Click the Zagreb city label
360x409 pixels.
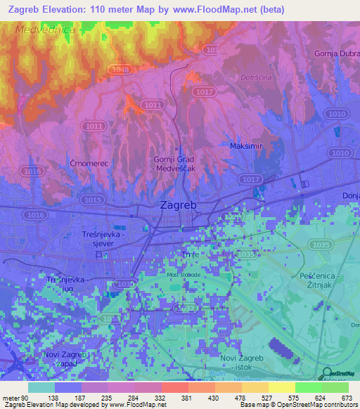(179, 206)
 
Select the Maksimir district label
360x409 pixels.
(245, 146)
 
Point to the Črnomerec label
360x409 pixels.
(87, 163)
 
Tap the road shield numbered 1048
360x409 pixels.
(121, 69)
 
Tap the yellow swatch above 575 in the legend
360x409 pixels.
(281, 387)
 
